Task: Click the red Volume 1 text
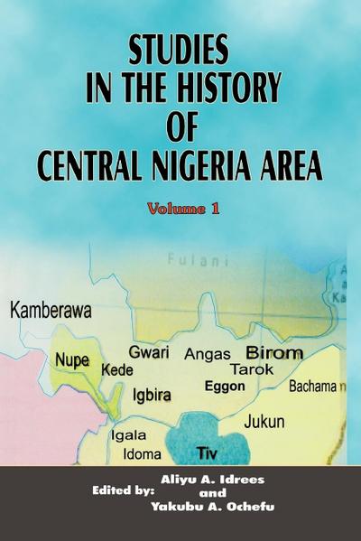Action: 185,208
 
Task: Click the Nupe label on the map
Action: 72,359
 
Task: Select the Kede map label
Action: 118,371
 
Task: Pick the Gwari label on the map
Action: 148,351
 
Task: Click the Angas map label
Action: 208,354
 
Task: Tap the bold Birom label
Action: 274,353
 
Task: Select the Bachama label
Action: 313,387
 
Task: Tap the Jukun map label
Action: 264,421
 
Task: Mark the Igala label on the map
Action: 127,434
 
